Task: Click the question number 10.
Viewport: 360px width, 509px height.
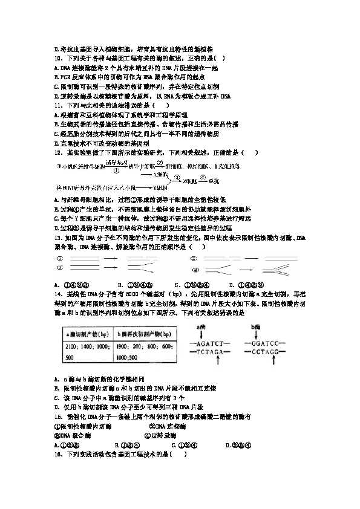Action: click(58, 58)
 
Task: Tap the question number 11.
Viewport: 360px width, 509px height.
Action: click(58, 105)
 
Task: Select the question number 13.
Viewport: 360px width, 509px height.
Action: click(58, 238)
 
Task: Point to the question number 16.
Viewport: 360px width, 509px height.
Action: click(58, 454)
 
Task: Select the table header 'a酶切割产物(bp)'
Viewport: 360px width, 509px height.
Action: click(84, 334)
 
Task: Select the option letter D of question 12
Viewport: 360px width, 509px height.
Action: click(56, 227)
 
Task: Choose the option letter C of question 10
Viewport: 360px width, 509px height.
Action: click(56, 86)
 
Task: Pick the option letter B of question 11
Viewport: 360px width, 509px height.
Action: click(56, 123)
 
